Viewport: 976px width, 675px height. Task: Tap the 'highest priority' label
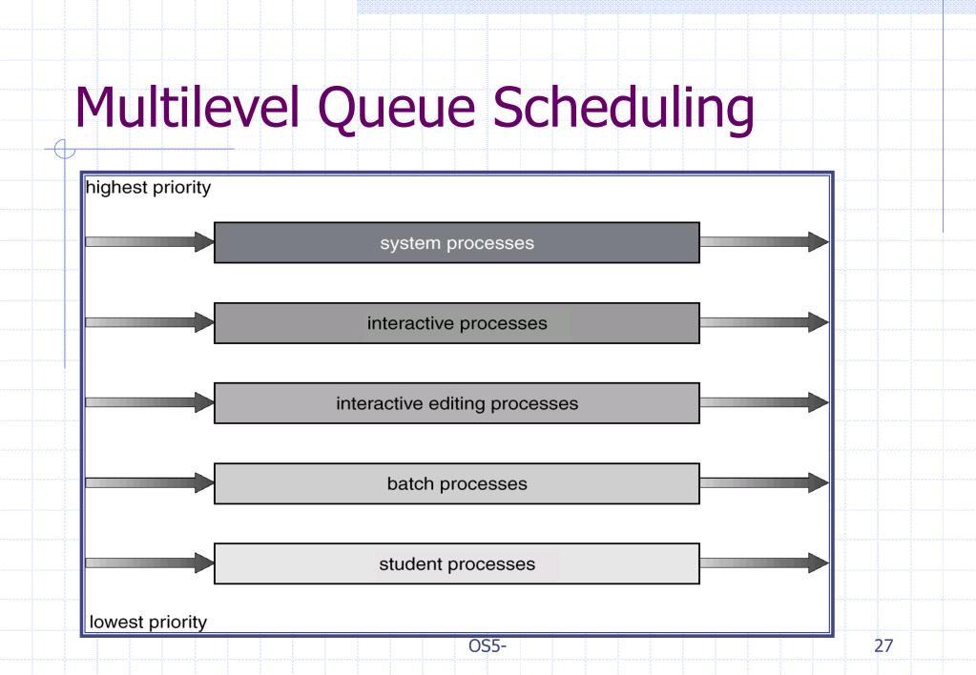click(148, 188)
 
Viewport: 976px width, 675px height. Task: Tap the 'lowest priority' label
click(148, 623)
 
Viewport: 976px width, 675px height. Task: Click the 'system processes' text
click(457, 243)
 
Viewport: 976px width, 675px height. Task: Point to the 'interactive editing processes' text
click(457, 403)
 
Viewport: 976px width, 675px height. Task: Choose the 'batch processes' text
click(457, 483)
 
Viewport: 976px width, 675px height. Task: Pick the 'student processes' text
click(457, 563)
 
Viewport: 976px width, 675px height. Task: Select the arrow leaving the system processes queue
click(763, 242)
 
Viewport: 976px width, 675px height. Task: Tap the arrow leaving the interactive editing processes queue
click(763, 402)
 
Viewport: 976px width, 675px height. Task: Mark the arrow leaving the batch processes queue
click(763, 482)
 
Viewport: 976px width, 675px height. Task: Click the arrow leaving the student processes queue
click(763, 562)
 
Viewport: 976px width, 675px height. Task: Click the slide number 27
click(883, 647)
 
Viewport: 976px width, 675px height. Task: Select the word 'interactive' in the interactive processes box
click(410, 323)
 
